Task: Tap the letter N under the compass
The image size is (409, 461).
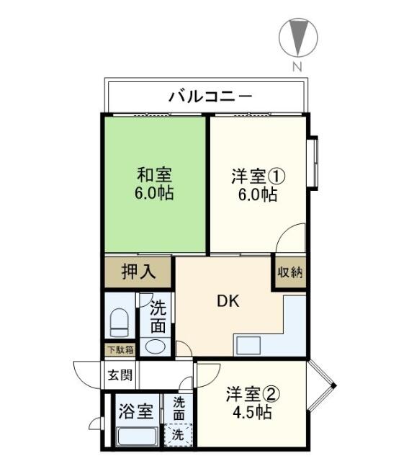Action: pyautogui.click(x=297, y=66)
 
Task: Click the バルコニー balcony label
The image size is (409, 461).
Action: pyautogui.click(x=209, y=95)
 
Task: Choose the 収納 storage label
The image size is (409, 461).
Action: pyautogui.click(x=289, y=273)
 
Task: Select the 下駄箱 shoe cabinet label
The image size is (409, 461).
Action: pyautogui.click(x=120, y=351)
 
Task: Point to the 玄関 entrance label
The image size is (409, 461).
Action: pyautogui.click(x=119, y=375)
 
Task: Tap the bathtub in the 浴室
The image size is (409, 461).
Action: pyautogui.click(x=137, y=437)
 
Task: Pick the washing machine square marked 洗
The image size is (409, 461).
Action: pyautogui.click(x=177, y=435)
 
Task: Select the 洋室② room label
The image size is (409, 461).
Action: pyautogui.click(x=252, y=395)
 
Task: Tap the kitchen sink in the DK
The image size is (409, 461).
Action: pyautogui.click(x=253, y=345)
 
